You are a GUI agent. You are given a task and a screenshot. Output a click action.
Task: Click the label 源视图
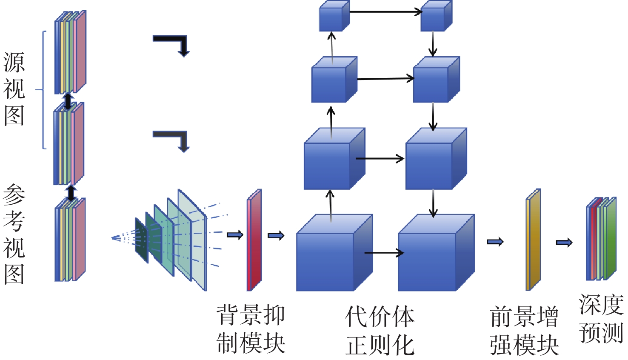click(x=14, y=89)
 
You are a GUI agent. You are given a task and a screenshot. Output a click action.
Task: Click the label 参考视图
click(x=14, y=234)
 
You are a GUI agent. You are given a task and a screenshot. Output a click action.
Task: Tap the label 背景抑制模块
click(x=251, y=329)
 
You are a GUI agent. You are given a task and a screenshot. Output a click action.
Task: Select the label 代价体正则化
click(x=380, y=330)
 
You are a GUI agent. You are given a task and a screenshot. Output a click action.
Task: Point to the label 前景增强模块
click(x=524, y=330)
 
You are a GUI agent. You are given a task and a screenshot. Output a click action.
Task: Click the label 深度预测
click(x=601, y=318)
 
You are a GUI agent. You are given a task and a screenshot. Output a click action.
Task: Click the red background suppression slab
click(x=254, y=240)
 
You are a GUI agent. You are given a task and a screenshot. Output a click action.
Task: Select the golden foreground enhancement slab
click(x=533, y=240)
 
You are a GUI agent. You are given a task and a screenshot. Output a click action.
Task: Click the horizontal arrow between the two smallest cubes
click(x=385, y=12)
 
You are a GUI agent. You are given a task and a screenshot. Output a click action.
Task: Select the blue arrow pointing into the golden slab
click(x=495, y=242)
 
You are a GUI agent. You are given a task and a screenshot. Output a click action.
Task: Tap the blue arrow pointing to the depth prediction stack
click(x=564, y=243)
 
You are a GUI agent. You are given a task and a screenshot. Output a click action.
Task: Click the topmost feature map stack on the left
click(x=70, y=52)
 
